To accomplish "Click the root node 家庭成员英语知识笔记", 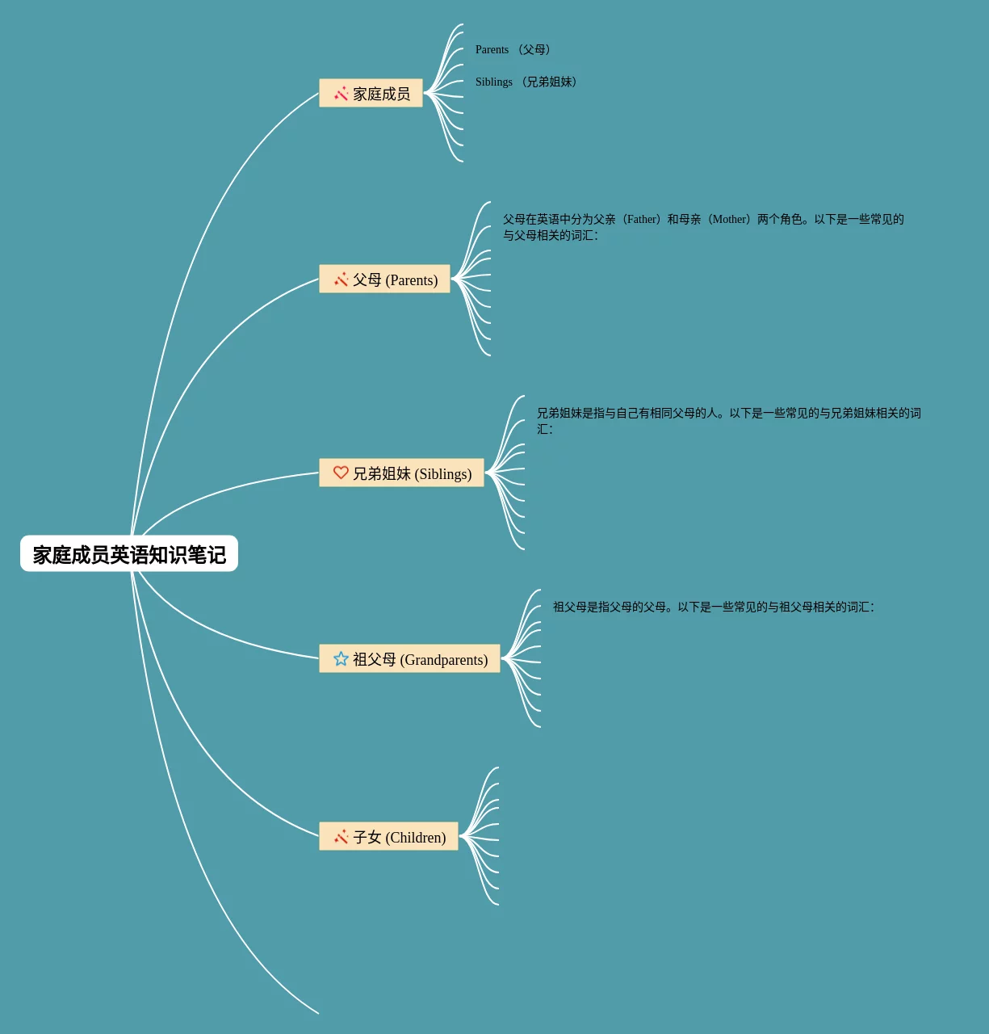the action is [129, 554].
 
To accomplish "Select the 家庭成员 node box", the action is [371, 94].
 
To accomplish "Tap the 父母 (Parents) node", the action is [384, 280].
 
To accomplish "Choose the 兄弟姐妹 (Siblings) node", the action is [401, 473].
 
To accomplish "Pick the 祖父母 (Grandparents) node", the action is [409, 659].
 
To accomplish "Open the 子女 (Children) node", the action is [388, 837].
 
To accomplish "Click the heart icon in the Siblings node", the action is [341, 473].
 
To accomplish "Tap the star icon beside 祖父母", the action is [341, 659].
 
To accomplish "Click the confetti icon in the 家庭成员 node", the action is [342, 94].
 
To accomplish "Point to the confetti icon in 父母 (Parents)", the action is [342, 280].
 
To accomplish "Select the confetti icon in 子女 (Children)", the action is [342, 837].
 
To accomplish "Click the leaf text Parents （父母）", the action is [513, 50].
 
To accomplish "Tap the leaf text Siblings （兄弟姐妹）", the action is [526, 82].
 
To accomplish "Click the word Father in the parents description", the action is [642, 220].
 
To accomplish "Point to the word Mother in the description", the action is [730, 220].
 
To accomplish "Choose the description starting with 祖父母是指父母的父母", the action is [713, 607].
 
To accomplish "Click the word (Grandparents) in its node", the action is [444, 660].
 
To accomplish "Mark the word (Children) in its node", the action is [416, 838].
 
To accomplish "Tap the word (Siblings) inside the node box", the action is [443, 474].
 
